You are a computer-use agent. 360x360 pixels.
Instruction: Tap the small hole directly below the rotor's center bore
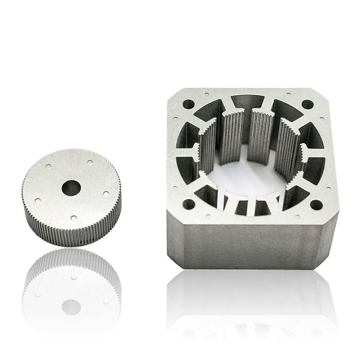(74, 218)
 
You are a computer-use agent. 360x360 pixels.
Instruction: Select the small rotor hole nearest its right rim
(105, 193)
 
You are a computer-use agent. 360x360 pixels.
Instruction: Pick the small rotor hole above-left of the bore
(49, 166)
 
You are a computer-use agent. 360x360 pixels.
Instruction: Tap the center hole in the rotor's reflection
(71, 307)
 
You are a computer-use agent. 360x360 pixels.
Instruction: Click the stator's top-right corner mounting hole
(307, 104)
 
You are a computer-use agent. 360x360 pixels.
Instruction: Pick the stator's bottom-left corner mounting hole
(189, 205)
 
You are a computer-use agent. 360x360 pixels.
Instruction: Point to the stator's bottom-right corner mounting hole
(316, 205)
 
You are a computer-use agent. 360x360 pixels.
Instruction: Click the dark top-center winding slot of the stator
(247, 101)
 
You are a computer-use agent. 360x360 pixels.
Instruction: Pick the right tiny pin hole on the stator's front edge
(297, 217)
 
